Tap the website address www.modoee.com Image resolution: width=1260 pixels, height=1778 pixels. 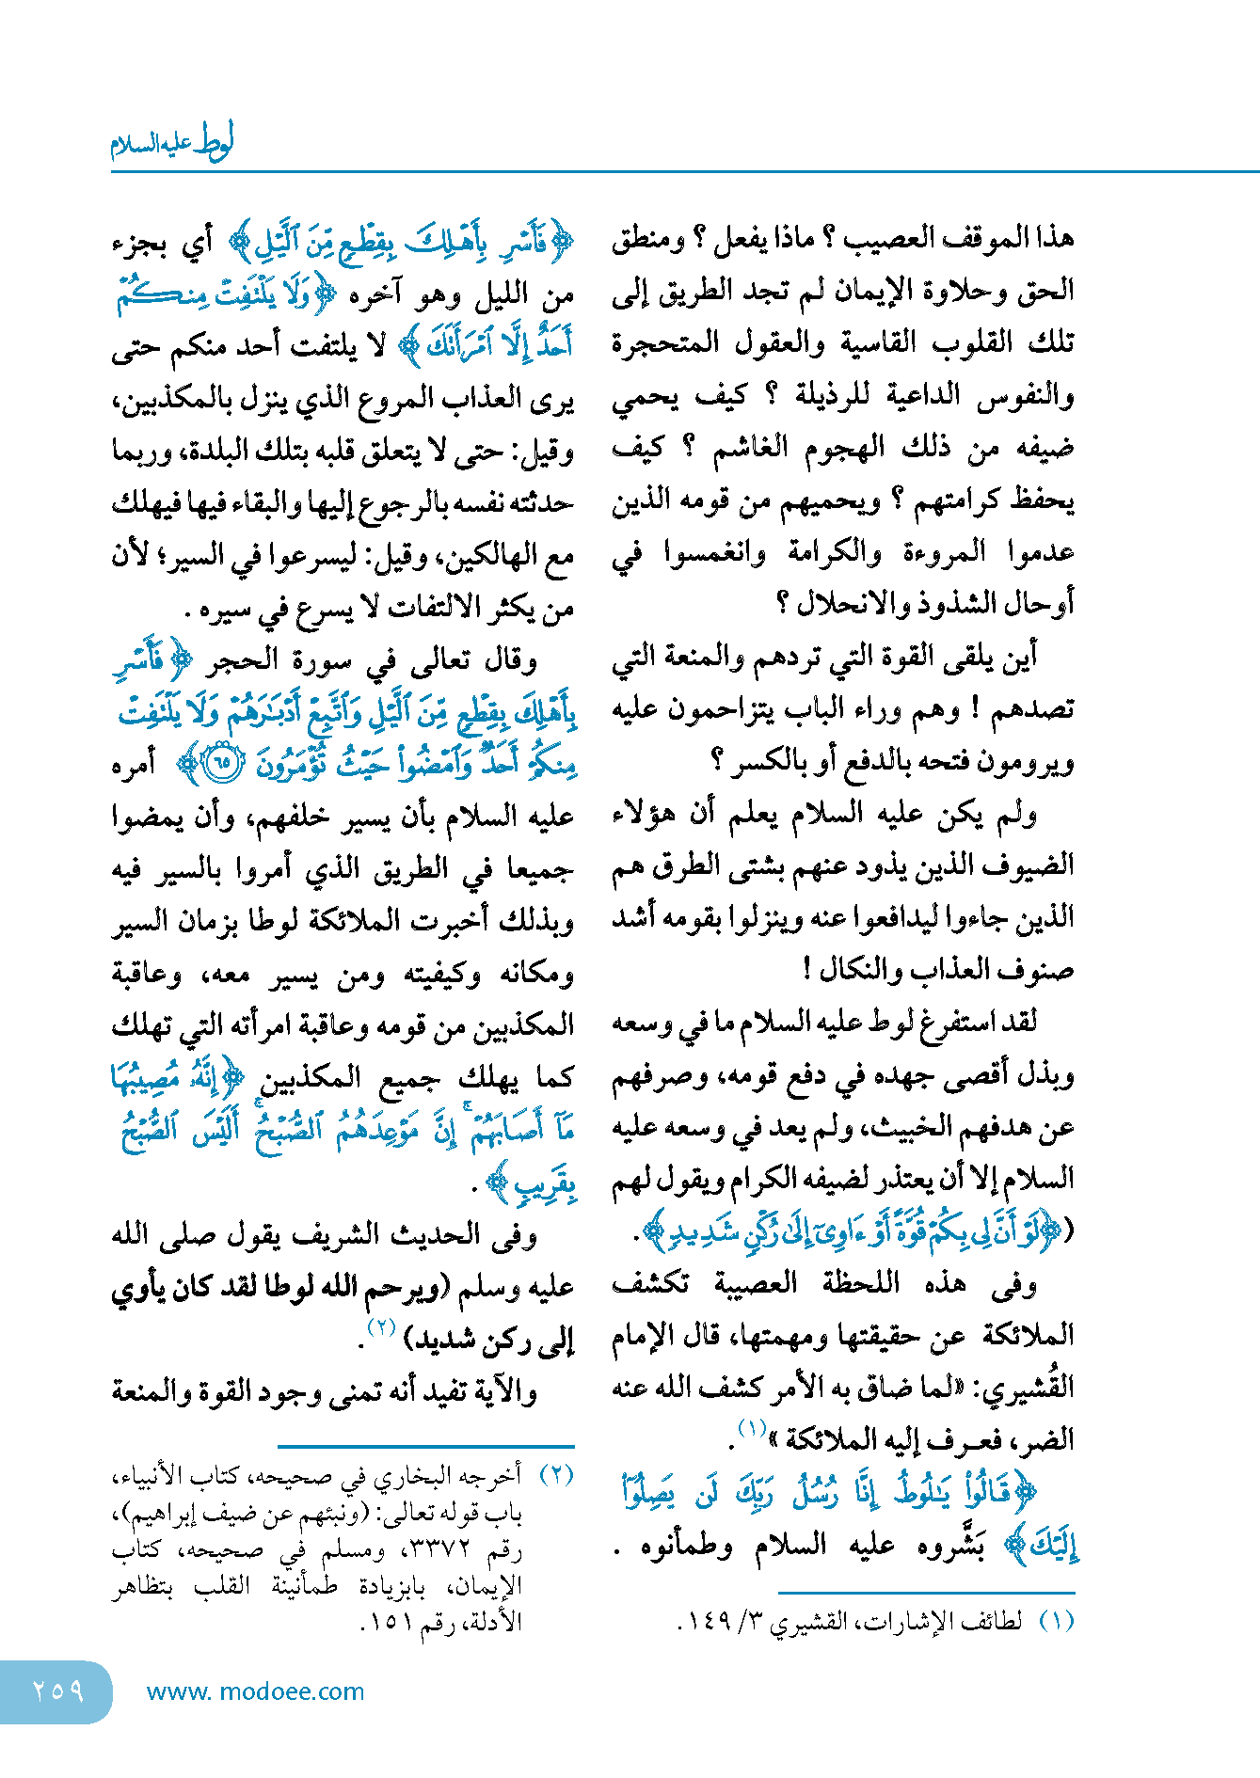click(x=255, y=1691)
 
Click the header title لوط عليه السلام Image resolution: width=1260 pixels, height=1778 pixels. click(x=172, y=144)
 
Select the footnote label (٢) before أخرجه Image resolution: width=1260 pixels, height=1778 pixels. click(x=555, y=1476)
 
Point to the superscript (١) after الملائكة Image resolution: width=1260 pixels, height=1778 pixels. click(x=753, y=1429)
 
